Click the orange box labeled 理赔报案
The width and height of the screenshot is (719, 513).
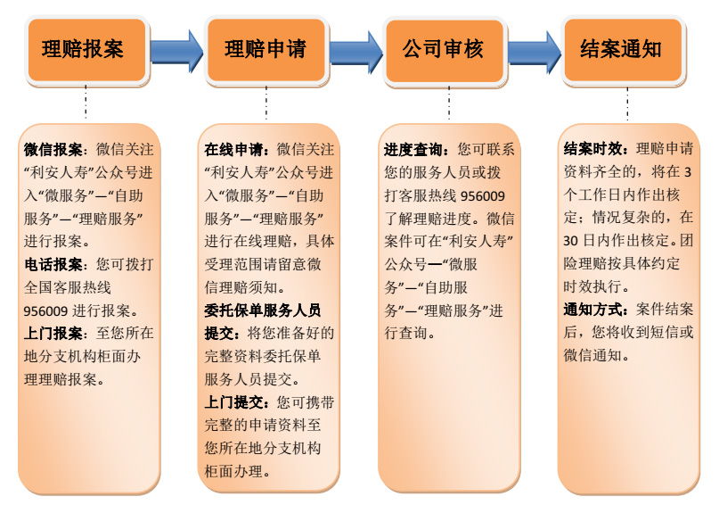tap(87, 50)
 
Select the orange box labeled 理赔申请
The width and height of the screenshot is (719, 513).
tap(266, 50)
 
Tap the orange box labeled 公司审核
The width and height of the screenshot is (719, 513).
tap(445, 50)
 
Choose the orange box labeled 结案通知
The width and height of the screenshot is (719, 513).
tap(623, 50)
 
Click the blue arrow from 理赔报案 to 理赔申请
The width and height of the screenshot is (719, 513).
tap(176, 51)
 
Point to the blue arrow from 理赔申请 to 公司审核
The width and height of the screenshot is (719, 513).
tap(355, 52)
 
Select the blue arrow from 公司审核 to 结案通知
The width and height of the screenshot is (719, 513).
tap(535, 52)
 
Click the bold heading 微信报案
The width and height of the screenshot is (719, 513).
tap(53, 149)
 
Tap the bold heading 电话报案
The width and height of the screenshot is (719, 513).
tap(53, 265)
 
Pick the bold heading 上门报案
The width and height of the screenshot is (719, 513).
tap(53, 334)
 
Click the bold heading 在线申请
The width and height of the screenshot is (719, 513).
tap(233, 149)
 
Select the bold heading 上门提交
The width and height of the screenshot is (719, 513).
tap(233, 402)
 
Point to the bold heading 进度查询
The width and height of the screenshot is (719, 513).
tap(413, 149)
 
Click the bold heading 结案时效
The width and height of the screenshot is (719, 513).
tap(592, 148)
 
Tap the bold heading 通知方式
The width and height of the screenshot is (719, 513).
tap(592, 310)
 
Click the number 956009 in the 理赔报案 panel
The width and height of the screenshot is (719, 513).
tap(45, 311)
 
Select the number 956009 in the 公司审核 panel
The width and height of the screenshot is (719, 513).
tap(482, 196)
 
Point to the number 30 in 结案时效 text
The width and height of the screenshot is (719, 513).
tap(570, 241)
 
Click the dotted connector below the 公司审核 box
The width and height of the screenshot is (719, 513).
tap(449, 103)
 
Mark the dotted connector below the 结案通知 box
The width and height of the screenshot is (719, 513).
tap(627, 103)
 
